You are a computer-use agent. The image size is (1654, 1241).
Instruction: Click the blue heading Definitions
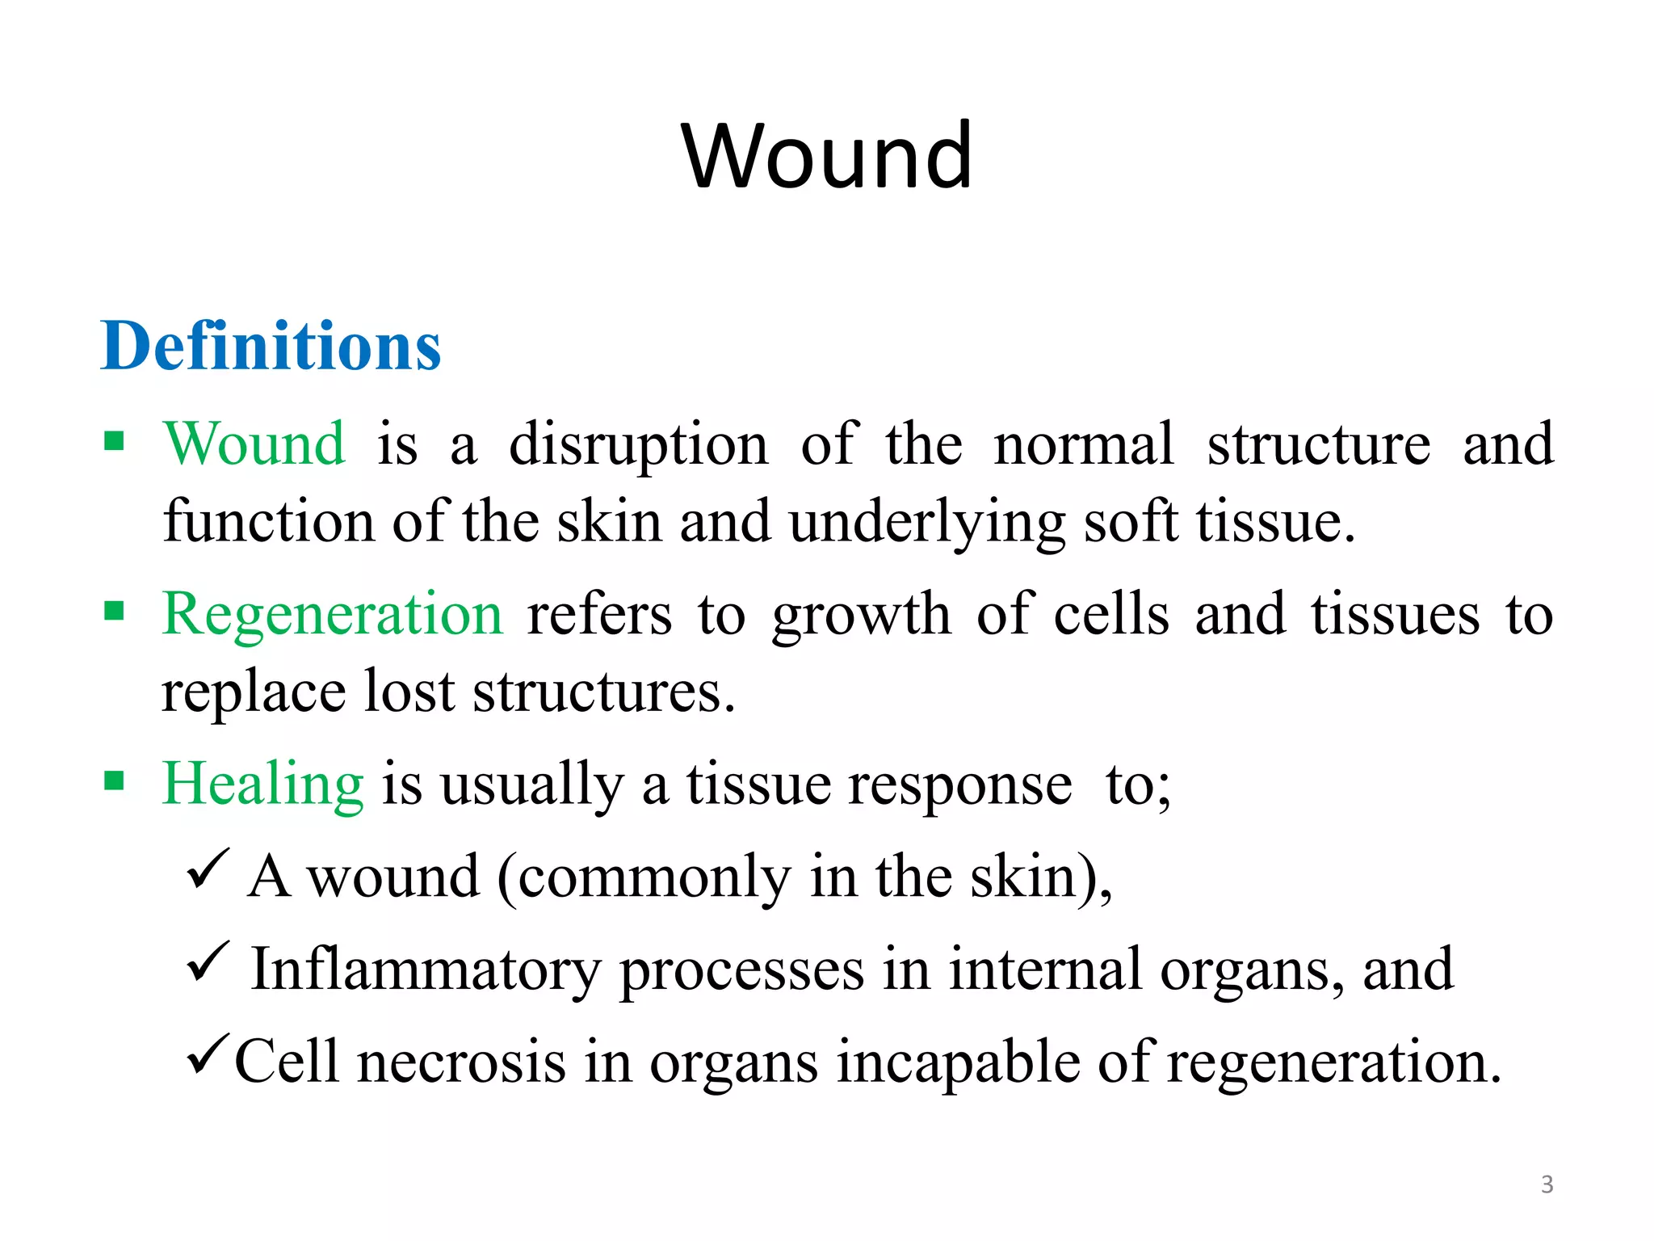(271, 346)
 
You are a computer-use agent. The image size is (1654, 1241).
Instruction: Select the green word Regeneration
(332, 614)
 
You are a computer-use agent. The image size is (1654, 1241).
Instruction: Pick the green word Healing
(262, 784)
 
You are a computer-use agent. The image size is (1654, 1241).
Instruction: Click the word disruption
(638, 445)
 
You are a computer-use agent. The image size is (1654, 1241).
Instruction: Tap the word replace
(253, 692)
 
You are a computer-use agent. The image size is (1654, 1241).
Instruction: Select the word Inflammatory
(426, 970)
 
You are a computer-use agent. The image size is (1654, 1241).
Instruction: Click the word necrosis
(461, 1062)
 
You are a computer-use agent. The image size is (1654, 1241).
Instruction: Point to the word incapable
(958, 1062)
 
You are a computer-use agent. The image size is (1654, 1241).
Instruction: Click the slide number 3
(1547, 1184)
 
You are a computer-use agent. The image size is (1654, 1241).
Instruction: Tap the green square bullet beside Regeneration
(114, 611)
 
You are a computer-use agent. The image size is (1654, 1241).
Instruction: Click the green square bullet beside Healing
(114, 780)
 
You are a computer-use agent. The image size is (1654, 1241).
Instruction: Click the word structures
(603, 692)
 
